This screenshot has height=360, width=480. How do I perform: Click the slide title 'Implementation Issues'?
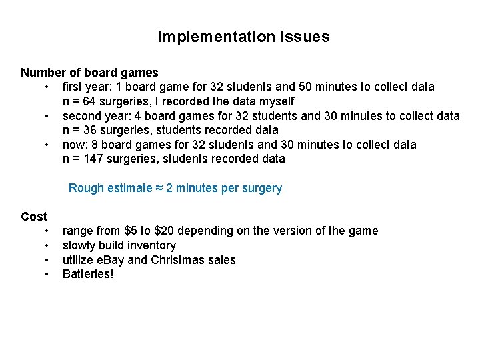tap(243, 37)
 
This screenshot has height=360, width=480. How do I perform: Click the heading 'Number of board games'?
tap(89, 72)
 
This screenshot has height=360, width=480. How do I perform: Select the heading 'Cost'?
tap(34, 216)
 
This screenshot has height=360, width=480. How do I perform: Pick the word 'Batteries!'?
tap(88, 274)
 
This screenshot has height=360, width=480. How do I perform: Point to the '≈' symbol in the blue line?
tap(159, 188)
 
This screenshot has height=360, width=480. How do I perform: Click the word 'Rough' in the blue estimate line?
tap(86, 188)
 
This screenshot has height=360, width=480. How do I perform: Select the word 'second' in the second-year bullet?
tap(81, 115)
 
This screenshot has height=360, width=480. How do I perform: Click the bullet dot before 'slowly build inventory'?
tap(47, 245)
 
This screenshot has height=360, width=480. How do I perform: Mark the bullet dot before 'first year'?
tap(47, 87)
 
